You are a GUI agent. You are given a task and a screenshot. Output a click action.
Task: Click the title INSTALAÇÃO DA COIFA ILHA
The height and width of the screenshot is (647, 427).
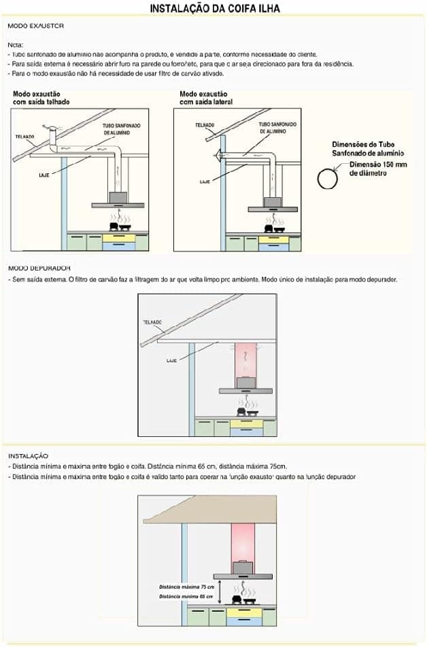[214, 8]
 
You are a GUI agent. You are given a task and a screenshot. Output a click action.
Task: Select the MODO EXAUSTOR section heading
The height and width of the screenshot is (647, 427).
[35, 26]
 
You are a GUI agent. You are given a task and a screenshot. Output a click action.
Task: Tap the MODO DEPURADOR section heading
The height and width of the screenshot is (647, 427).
[39, 268]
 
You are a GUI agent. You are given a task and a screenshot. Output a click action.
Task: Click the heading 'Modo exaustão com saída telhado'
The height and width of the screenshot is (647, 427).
[41, 98]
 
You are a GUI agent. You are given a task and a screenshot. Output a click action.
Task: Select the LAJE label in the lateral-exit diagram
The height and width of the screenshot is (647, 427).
[204, 182]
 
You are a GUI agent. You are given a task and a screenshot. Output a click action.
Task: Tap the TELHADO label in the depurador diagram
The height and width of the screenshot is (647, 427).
[152, 321]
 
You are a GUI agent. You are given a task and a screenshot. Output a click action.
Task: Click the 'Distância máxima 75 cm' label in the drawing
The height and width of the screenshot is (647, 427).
[187, 587]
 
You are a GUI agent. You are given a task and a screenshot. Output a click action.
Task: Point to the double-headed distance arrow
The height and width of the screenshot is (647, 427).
[220, 592]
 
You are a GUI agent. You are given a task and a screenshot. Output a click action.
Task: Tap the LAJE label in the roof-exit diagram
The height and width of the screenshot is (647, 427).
[43, 175]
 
